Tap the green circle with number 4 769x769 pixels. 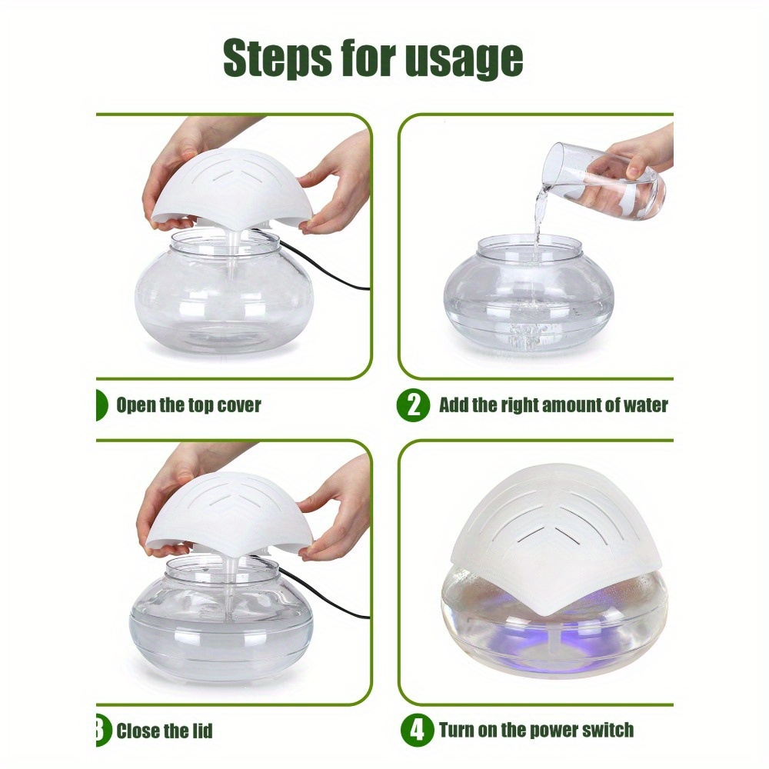418,730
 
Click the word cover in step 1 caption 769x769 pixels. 238,405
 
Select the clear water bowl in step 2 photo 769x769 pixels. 529,291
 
